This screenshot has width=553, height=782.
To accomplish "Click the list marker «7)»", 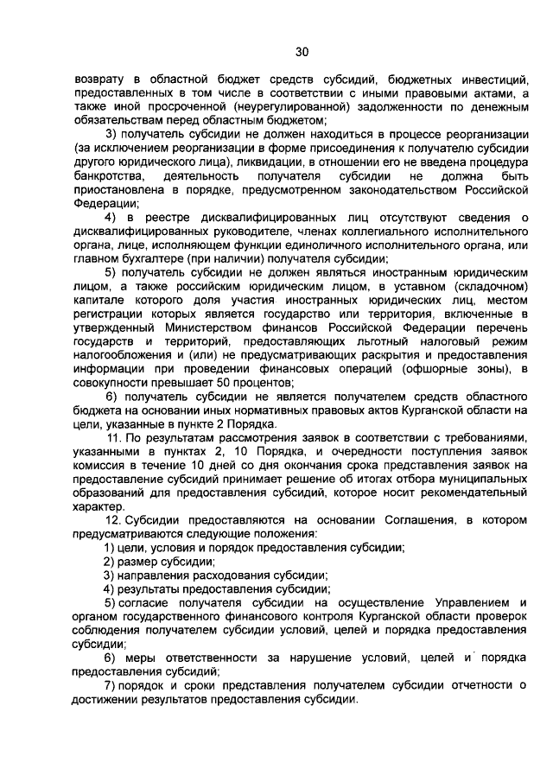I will click(110, 685).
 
